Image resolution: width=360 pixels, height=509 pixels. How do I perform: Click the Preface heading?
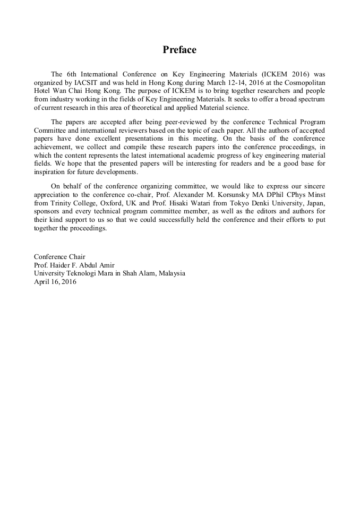(179, 50)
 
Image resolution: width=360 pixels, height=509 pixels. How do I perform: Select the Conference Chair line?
(59, 257)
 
